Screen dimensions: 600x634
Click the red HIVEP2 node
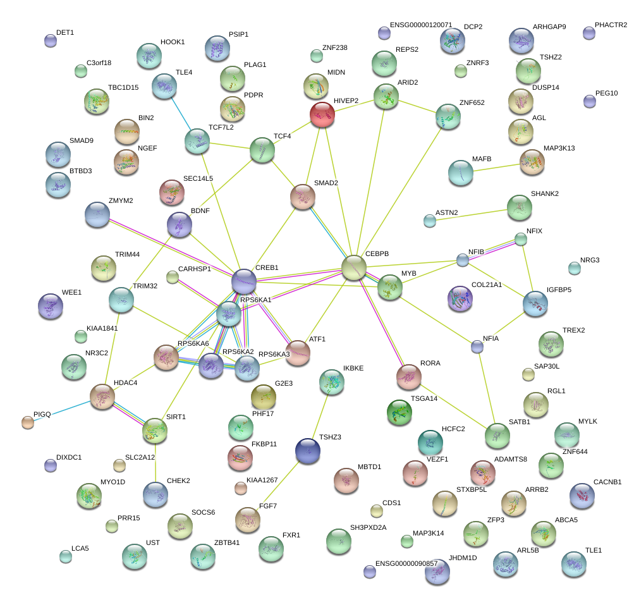pyautogui.click(x=322, y=114)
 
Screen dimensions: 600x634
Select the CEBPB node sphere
pyautogui.click(x=354, y=267)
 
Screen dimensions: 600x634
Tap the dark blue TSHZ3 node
pyautogui.click(x=308, y=450)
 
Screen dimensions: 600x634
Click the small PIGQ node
pyautogui.click(x=27, y=422)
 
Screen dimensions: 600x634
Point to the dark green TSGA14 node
pyautogui.click(x=399, y=412)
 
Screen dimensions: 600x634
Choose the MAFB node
pyautogui.click(x=461, y=172)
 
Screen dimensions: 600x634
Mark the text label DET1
pyautogui.click(x=65, y=32)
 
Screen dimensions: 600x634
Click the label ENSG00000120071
pyautogui.click(x=420, y=25)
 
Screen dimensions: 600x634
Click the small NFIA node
pyautogui.click(x=477, y=346)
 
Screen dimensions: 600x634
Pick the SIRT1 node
pyautogui.click(x=155, y=430)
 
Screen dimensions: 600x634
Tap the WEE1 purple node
pyautogui.click(x=50, y=306)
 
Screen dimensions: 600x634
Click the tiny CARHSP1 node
pyautogui.click(x=172, y=276)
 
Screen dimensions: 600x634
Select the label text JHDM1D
pyautogui.click(x=463, y=558)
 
